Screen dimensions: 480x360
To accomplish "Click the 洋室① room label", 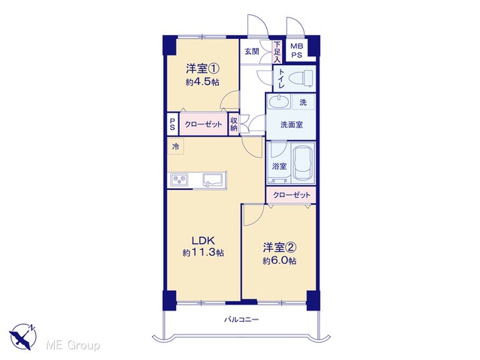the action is [x=202, y=68].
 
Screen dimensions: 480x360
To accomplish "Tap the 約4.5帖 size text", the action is [x=202, y=82].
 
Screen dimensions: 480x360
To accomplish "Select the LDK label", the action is [x=203, y=241].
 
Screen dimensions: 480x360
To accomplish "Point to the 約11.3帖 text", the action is [x=203, y=253].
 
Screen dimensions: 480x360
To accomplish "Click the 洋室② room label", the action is [x=279, y=247].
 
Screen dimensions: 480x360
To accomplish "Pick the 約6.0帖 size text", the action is [x=279, y=261].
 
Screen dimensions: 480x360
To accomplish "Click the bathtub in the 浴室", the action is [x=303, y=163].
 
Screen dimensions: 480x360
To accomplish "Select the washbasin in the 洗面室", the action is [x=278, y=101].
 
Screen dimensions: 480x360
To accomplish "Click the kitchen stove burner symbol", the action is [x=180, y=179].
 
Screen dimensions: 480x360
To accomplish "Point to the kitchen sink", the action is [x=214, y=179].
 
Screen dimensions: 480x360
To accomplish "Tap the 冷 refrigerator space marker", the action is [x=175, y=146].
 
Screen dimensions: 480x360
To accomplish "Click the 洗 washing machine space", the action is [x=303, y=102].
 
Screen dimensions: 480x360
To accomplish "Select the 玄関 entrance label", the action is [x=252, y=52].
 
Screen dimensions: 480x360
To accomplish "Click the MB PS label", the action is [x=297, y=50].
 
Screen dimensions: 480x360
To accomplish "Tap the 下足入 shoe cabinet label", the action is [x=277, y=52].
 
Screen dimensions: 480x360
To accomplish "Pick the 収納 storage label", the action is [x=234, y=124].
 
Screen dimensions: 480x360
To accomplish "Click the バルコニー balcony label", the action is [x=241, y=320].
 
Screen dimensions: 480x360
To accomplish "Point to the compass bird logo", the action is [x=23, y=337].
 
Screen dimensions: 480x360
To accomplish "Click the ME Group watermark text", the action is [x=73, y=345].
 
